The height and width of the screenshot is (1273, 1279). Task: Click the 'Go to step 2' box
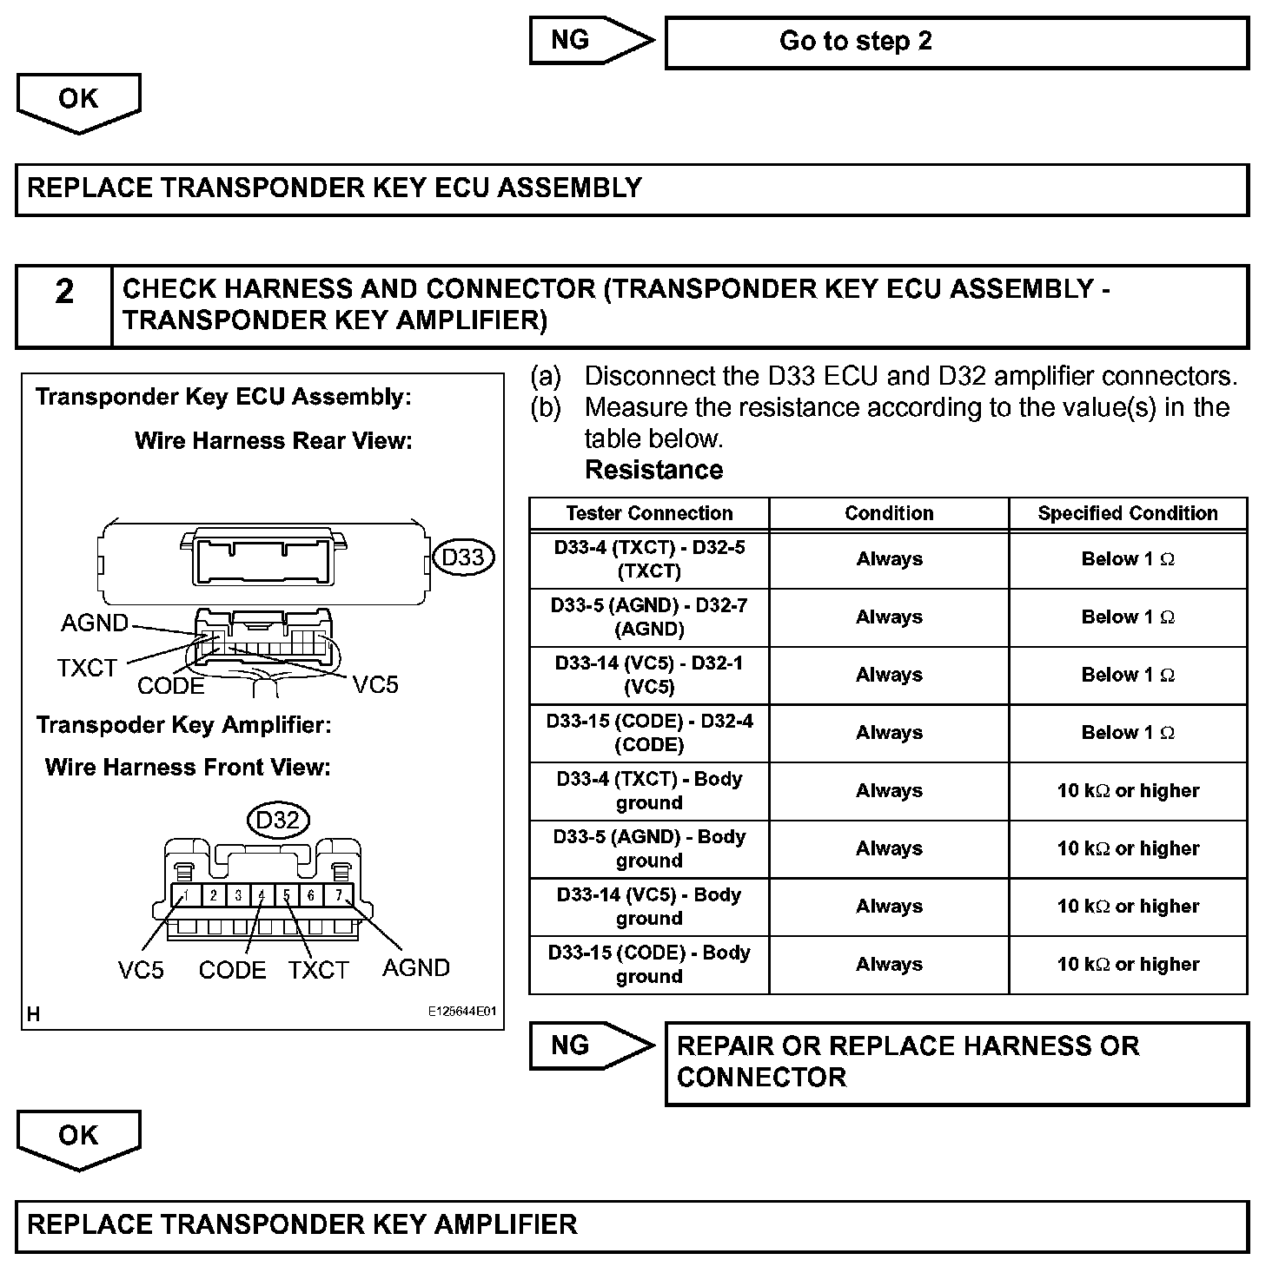[956, 42]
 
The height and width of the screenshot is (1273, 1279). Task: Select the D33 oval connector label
[462, 556]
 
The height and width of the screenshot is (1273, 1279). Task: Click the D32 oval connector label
[278, 820]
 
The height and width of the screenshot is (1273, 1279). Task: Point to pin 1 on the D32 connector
[185, 895]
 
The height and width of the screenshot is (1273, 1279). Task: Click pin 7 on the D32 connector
[339, 895]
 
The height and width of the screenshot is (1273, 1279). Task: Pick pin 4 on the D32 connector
[262, 895]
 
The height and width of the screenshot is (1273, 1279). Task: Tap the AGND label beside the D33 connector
[95, 623]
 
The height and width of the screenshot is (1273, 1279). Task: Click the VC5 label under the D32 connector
[141, 970]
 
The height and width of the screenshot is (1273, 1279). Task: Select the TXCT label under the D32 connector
[318, 970]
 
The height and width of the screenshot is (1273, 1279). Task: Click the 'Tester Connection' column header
[649, 513]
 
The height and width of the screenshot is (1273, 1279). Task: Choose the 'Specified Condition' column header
[1128, 513]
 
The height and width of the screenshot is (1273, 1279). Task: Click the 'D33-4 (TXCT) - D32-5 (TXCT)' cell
[649, 559]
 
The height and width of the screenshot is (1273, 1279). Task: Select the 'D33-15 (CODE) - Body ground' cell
[649, 964]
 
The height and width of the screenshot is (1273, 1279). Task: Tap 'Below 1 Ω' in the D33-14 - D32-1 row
[1128, 675]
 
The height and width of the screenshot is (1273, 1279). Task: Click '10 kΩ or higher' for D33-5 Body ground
[1128, 848]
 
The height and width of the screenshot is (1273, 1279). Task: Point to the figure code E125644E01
[462, 1012]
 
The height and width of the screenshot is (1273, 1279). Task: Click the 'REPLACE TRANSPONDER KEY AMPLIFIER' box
[632, 1225]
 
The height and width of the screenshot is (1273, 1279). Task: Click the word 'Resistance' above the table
[653, 470]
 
